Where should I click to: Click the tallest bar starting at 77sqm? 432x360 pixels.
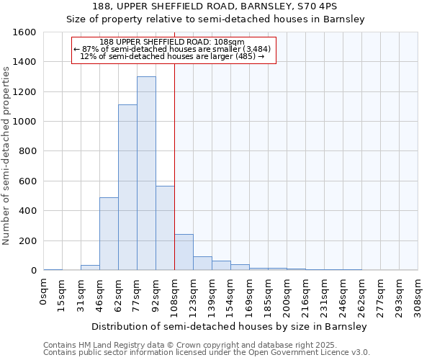pos(146,174)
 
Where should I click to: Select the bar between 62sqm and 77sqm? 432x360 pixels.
pos(127,187)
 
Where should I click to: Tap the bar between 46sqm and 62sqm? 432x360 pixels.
pos(109,234)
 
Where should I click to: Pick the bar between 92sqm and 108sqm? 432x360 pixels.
pos(165,228)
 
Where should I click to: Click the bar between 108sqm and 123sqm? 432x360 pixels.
pos(184,253)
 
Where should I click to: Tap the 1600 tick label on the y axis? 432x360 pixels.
pos(24,32)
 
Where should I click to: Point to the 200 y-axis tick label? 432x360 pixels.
pos(27,240)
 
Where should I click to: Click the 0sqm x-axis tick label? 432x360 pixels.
pos(44,291)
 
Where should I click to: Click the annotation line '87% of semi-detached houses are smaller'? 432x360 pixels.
pos(174,48)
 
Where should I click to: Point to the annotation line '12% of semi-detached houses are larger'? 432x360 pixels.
pos(174,55)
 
